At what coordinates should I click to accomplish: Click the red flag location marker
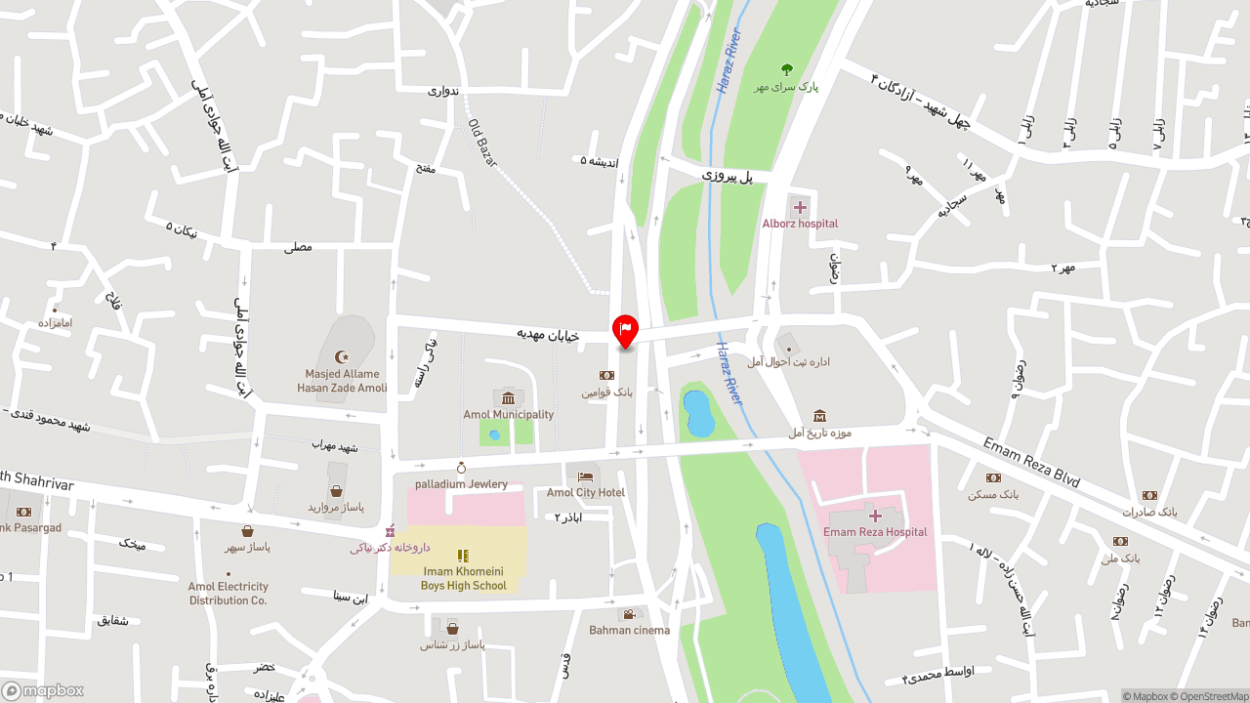[x=625, y=330]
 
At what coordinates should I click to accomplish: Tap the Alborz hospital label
[x=800, y=224]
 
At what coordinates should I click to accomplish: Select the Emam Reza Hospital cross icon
[x=875, y=515]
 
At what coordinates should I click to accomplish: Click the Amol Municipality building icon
[x=508, y=397]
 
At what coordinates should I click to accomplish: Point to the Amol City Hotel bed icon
[x=585, y=476]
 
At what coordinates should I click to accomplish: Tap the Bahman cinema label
[x=629, y=630]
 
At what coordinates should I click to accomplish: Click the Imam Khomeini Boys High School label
[x=464, y=578]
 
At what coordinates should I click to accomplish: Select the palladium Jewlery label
[x=461, y=484]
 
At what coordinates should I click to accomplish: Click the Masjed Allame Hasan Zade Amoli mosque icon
[x=341, y=357]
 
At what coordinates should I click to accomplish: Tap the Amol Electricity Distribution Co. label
[x=228, y=594]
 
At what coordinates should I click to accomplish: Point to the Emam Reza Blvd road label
[x=1031, y=463]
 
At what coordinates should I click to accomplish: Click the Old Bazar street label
[x=482, y=143]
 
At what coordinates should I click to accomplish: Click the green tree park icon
[x=787, y=69]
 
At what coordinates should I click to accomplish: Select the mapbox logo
[x=43, y=690]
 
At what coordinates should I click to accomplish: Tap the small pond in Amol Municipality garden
[x=494, y=434]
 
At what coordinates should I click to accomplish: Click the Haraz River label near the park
[x=729, y=62]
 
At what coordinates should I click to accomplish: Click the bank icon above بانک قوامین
[x=606, y=375]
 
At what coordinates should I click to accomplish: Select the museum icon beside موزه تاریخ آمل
[x=819, y=416]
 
